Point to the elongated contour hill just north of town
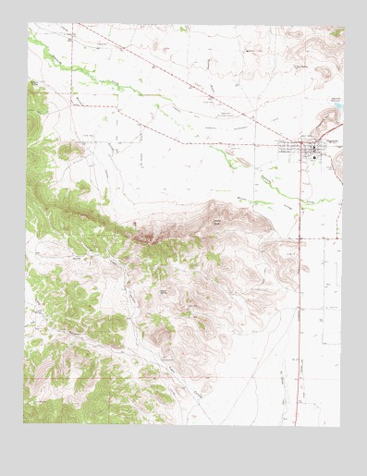(x=327, y=121)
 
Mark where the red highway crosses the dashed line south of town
(x=300, y=238)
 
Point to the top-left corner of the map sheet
(x=28, y=24)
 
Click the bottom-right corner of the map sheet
(x=340, y=426)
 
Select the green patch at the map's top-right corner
(x=337, y=31)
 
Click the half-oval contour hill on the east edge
(x=336, y=166)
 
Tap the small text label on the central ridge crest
(x=218, y=222)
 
